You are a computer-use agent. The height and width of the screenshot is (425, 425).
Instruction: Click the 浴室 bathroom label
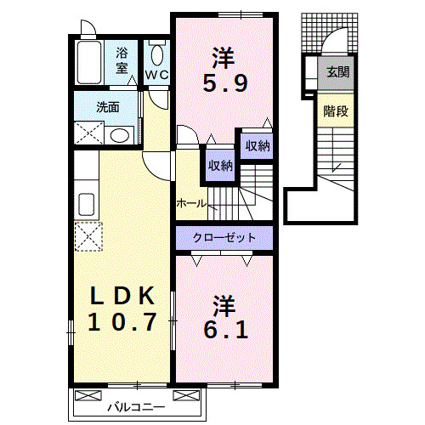(x=122, y=60)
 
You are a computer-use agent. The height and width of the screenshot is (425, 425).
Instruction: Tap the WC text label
(x=157, y=75)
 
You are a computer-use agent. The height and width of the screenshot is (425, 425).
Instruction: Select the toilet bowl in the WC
(x=157, y=55)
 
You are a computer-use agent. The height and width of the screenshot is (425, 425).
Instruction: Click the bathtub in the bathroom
(x=89, y=62)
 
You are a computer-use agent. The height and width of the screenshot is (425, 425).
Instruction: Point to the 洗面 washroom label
(x=108, y=107)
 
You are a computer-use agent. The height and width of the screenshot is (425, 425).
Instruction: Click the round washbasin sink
(x=120, y=135)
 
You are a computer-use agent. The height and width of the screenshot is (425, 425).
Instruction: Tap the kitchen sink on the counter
(x=87, y=204)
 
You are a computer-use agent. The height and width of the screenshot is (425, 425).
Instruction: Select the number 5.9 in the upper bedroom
(x=225, y=83)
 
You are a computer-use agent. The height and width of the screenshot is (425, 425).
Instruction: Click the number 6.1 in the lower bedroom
(x=226, y=330)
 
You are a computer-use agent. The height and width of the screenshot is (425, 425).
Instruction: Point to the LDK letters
(x=122, y=296)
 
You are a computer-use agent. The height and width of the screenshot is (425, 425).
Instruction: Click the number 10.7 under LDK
(x=122, y=322)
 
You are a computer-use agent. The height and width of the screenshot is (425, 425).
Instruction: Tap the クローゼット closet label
(x=224, y=237)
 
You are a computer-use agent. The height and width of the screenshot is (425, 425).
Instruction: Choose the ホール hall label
(x=191, y=203)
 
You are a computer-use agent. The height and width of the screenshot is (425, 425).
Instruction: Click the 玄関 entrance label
(x=338, y=72)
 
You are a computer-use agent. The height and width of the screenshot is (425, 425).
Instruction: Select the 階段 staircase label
(x=336, y=111)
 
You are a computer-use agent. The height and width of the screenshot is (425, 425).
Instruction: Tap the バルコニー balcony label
(x=136, y=408)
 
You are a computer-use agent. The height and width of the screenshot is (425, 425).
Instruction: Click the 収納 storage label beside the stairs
(x=221, y=166)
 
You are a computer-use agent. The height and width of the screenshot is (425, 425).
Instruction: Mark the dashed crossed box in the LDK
(x=88, y=236)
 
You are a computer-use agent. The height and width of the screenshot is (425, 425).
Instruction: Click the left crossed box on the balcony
(x=88, y=395)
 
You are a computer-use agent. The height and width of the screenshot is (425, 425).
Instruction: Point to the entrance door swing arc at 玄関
(x=329, y=36)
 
